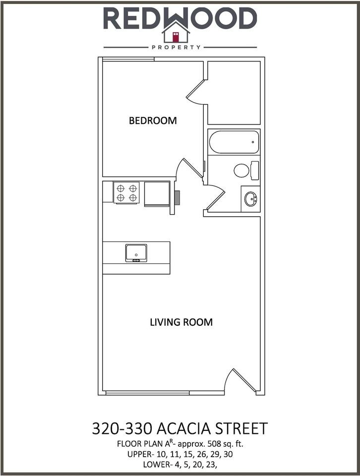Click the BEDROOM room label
153,120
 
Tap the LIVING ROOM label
181,322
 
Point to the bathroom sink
250,199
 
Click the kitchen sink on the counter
135,253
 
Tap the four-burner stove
126,192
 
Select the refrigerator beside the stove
157,193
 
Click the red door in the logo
176,36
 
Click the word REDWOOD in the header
180,18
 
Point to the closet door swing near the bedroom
196,92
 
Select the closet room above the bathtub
234,93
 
